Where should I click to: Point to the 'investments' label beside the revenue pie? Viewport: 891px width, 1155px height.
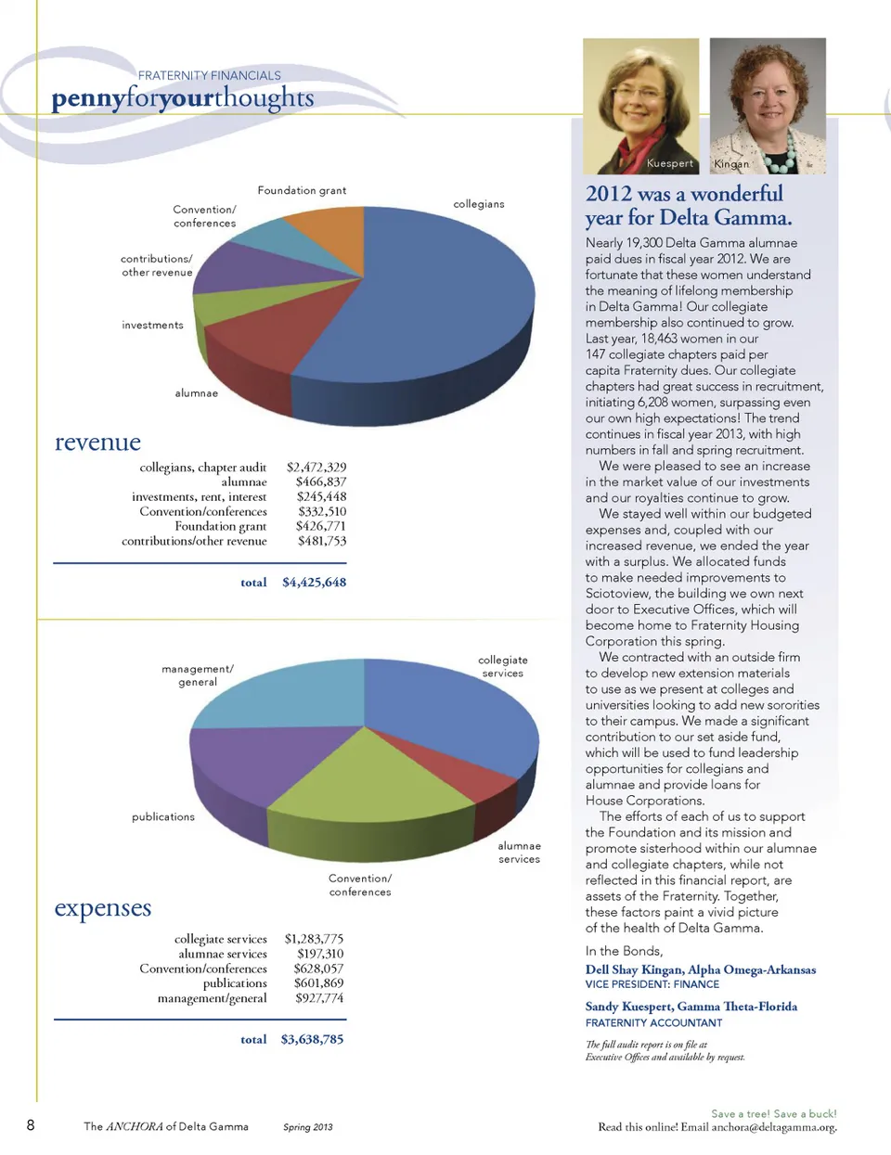(x=152, y=326)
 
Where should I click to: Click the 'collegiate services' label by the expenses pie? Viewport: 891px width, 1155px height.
(x=502, y=667)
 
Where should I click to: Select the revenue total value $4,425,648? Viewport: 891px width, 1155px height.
(x=314, y=583)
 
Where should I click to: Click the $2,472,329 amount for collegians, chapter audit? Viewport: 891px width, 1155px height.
(x=316, y=468)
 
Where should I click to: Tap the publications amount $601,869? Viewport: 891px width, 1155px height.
(x=318, y=983)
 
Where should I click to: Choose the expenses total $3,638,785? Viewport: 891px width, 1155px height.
(x=312, y=1040)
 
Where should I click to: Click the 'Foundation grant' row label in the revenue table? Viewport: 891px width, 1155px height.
(x=221, y=526)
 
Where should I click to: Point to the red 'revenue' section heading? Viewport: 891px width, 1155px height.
(x=97, y=443)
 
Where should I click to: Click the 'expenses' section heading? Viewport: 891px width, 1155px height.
(x=102, y=908)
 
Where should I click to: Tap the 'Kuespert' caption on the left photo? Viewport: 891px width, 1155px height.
(x=669, y=163)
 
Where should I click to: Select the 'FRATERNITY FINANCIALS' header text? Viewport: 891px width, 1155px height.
(x=209, y=76)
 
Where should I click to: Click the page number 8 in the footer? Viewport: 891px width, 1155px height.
(x=31, y=1125)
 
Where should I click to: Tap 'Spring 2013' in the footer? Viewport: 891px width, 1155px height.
(x=307, y=1127)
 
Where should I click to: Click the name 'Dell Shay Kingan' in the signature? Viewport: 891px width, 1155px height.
(x=634, y=970)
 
